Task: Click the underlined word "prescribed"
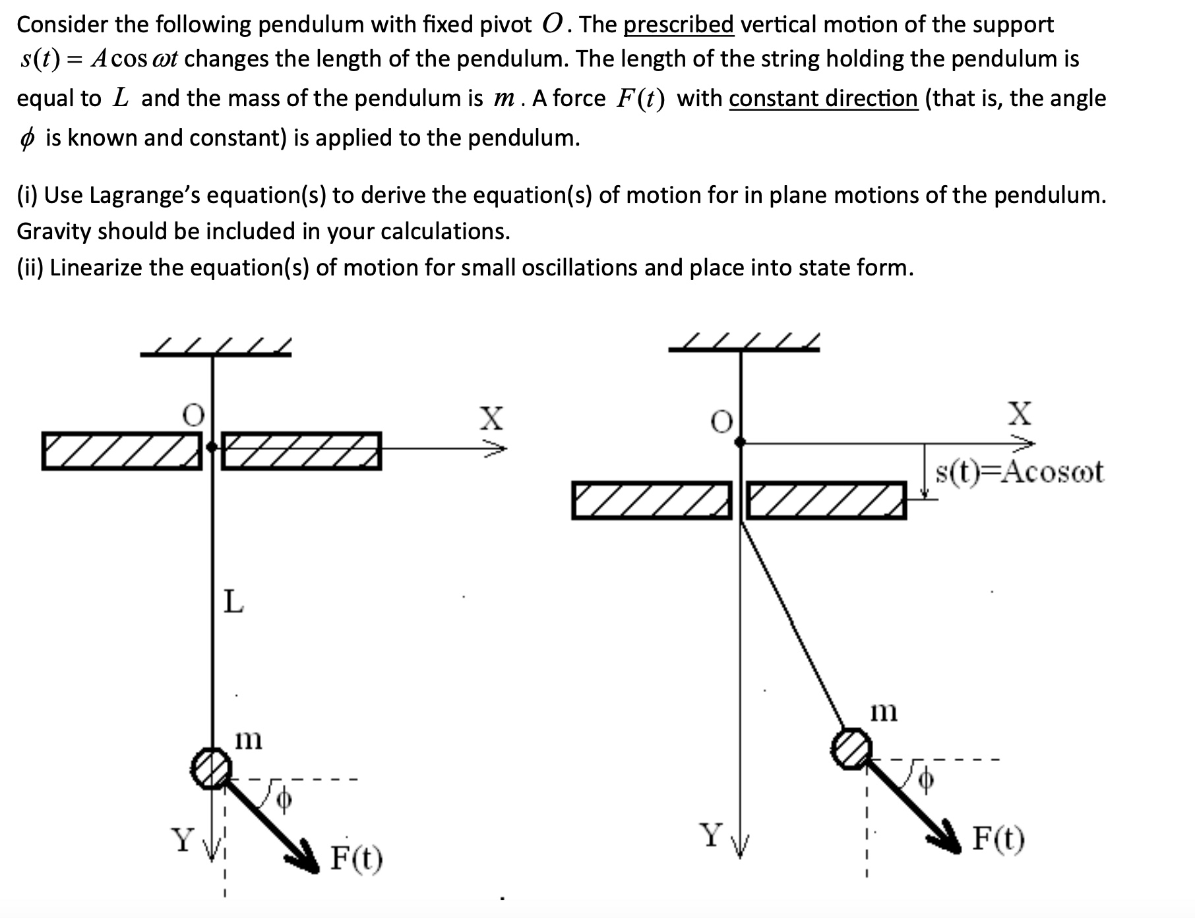coord(679,25)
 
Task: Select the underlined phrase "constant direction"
coord(823,99)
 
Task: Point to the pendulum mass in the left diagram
coord(211,768)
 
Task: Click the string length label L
coord(233,601)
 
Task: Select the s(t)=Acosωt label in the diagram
coord(1019,472)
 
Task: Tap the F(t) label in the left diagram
coord(356,858)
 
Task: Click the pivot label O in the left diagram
coord(193,415)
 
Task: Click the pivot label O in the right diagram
coord(722,422)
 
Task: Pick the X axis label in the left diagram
coord(491,418)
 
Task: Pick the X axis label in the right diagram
coord(1020,413)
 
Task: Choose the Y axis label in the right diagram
coord(711,835)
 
